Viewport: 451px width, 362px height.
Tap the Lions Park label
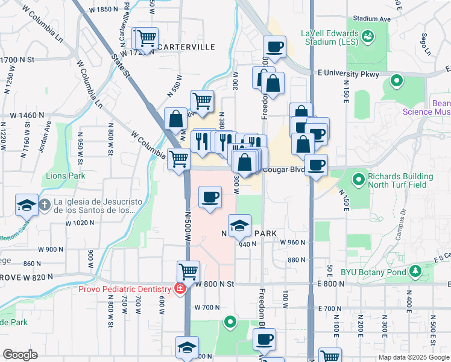coord(66,176)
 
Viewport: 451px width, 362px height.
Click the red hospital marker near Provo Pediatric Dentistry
coord(179,289)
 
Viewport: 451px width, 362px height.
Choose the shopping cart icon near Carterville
coord(145,39)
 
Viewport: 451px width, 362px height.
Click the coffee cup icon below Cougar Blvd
coord(210,197)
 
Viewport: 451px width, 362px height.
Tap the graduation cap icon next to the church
coord(26,205)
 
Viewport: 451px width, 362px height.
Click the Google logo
coord(20,355)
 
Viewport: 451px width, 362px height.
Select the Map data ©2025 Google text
coord(413,357)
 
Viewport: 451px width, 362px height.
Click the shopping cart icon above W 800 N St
coord(188,271)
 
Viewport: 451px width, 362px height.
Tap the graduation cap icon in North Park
coord(240,226)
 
